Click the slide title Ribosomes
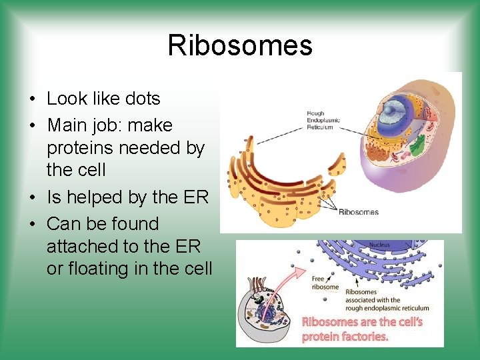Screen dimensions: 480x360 240,45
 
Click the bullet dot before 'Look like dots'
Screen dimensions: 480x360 32,99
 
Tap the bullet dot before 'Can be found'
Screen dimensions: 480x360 32,225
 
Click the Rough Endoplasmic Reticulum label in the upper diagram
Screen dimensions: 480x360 323,120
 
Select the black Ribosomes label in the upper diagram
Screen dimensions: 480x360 359,212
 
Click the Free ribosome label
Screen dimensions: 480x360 325,283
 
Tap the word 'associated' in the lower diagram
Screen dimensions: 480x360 361,299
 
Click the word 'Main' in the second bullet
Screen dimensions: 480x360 67,125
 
